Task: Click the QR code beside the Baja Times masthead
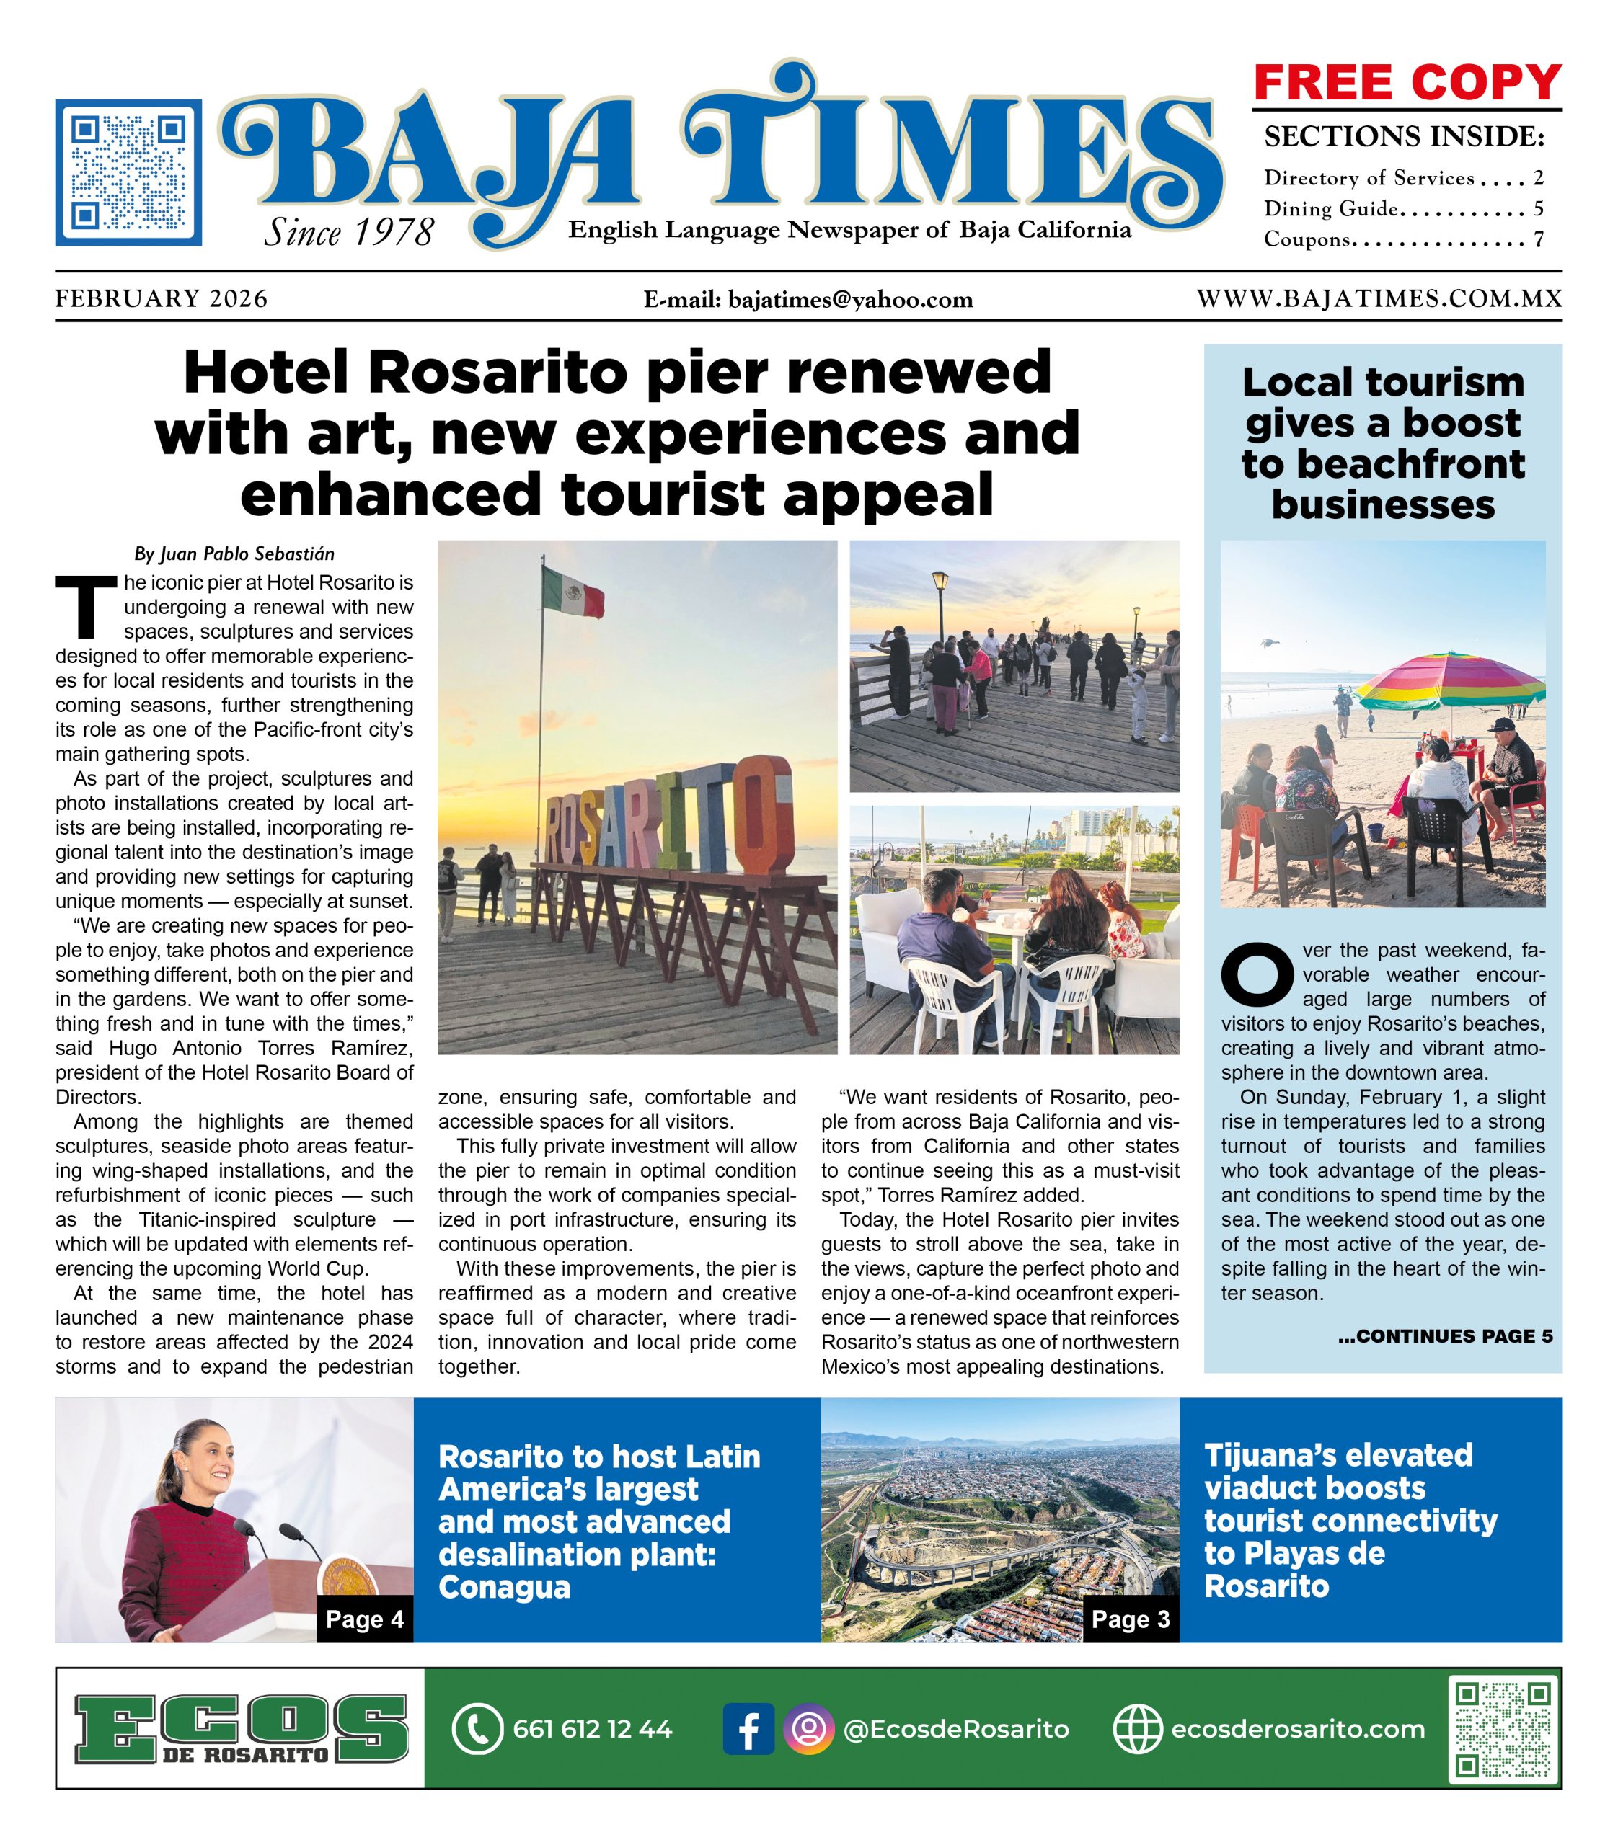click(128, 172)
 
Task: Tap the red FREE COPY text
click(1407, 83)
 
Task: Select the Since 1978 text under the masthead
click(348, 233)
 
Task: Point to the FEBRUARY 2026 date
click(162, 299)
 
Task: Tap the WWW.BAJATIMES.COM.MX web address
click(1379, 299)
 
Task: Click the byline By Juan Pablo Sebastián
click(234, 553)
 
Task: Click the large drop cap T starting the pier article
click(86, 605)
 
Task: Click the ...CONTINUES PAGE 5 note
click(1445, 1336)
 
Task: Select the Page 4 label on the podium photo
click(365, 1619)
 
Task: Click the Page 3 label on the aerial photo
click(1130, 1619)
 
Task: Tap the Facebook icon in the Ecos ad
click(748, 1728)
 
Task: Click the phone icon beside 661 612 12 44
click(476, 1728)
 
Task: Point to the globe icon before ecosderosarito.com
click(1137, 1728)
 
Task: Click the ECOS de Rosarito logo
click(240, 1728)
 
